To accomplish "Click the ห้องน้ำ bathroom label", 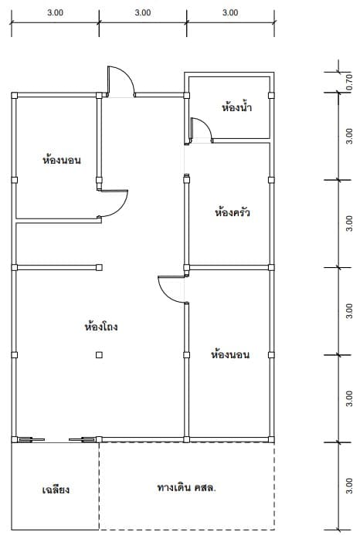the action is [236, 107].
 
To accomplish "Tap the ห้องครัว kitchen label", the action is [233, 212].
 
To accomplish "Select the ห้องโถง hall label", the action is [101, 327].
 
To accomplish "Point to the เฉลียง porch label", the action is [56, 489].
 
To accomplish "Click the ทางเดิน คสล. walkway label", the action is [186, 487].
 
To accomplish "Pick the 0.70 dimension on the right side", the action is [348, 83].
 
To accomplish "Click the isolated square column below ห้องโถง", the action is [99, 355].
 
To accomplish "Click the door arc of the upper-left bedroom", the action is [122, 208].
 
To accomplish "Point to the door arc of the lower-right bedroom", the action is [163, 293].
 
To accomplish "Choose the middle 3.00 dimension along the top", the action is [143, 12].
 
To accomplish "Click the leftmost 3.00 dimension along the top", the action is [56, 12].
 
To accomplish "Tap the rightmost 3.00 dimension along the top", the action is [230, 12].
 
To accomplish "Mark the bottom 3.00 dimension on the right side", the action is [348, 486].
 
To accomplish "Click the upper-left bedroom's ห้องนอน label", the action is [62, 160].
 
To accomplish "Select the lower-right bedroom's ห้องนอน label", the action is [230, 354].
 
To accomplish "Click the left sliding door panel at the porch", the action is [31, 440].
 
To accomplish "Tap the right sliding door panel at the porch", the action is [82, 440].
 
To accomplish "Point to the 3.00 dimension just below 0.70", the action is [348, 136].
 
